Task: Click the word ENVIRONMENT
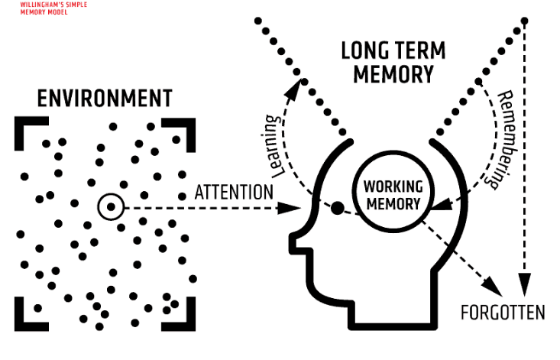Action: [105, 99]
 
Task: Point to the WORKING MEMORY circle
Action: [392, 194]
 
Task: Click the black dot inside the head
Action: [337, 207]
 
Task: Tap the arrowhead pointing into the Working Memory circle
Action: [441, 205]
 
